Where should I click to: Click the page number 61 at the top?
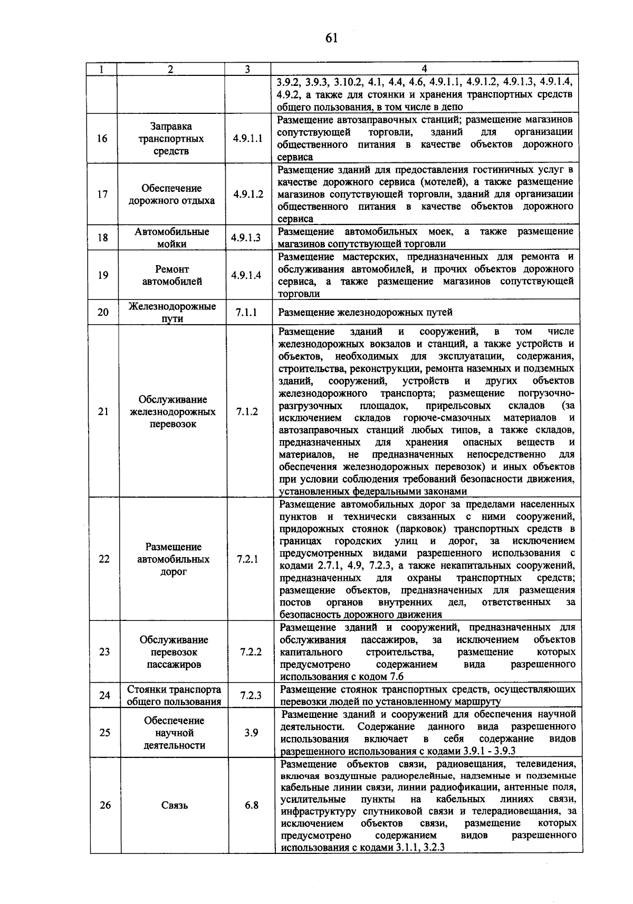click(331, 38)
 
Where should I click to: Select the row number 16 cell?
click(102, 139)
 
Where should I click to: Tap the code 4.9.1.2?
click(247, 194)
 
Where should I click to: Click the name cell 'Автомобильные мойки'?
click(171, 238)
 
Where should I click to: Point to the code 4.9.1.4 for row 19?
click(247, 275)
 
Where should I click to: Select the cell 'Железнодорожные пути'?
click(172, 312)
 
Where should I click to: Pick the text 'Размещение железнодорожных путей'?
click(365, 312)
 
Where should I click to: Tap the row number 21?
click(103, 412)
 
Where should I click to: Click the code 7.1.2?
click(247, 412)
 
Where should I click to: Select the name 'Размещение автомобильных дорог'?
click(173, 559)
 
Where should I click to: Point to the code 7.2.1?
click(247, 559)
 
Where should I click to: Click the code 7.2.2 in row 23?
click(251, 652)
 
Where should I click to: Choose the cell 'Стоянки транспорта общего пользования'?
click(174, 695)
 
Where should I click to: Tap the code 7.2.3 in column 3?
click(251, 695)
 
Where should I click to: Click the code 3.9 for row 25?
click(251, 733)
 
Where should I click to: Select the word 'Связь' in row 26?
click(175, 805)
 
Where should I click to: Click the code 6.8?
click(252, 805)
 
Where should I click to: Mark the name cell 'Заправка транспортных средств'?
click(171, 139)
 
